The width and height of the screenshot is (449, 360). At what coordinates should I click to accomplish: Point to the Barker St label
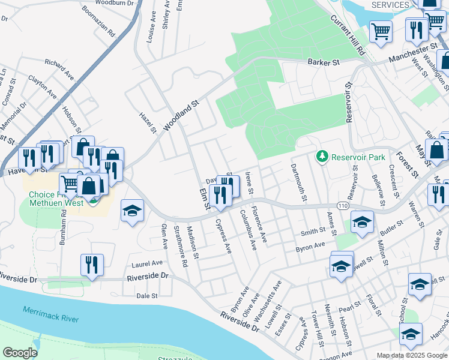(324, 62)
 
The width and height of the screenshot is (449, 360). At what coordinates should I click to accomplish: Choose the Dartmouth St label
(298, 182)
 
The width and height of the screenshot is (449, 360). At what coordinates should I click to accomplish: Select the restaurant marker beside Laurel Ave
(92, 265)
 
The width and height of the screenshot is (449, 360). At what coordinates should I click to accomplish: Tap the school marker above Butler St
(362, 221)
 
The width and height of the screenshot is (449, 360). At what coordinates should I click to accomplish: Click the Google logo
(20, 352)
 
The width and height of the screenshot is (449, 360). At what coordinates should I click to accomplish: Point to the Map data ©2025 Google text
(412, 355)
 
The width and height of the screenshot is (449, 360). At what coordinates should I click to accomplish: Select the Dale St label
(146, 296)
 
